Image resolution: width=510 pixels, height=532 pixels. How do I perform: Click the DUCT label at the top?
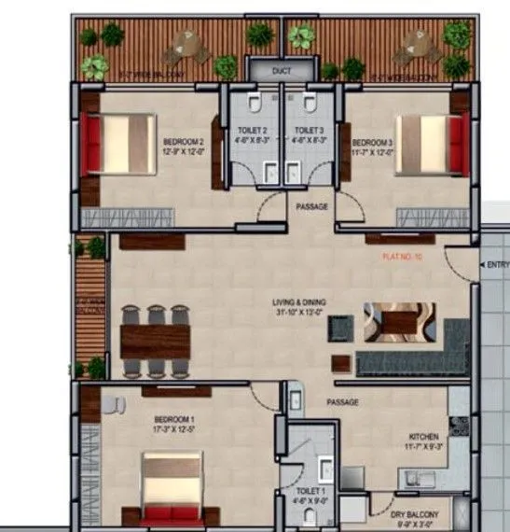tap(282, 71)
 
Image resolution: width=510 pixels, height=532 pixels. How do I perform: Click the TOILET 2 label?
tap(252, 131)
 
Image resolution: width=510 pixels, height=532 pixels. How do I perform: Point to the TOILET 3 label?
tap(308, 131)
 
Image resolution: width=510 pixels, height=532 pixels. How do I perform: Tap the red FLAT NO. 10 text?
tap(403, 256)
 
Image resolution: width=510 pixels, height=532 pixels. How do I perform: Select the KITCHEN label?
tap(423, 437)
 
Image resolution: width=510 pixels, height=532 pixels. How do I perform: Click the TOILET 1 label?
tap(310, 490)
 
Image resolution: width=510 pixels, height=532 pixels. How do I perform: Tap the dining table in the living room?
tap(157, 339)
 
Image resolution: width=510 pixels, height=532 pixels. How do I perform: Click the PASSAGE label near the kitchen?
tap(343, 402)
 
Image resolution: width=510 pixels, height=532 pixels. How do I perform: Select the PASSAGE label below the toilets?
tap(311, 206)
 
